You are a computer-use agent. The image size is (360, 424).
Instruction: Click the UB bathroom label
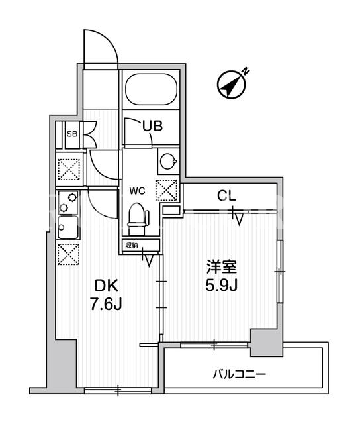coord(153,126)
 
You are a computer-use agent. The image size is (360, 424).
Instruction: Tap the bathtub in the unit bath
coord(152,89)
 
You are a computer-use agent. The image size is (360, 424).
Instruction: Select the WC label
coord(137,191)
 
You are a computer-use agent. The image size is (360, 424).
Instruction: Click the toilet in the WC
coord(138,219)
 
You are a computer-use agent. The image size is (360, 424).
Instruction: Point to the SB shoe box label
coord(72,134)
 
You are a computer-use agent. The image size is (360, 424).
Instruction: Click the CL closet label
coord(227,196)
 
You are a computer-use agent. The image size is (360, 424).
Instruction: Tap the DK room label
coord(106,286)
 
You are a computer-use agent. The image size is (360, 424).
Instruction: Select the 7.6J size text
coord(106,305)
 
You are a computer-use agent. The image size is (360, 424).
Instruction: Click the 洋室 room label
coord(222,267)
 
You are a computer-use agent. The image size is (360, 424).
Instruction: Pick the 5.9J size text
coord(222,286)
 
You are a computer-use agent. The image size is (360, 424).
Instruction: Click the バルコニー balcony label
coord(240,374)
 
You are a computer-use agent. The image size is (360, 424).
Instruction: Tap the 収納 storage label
coord(132,245)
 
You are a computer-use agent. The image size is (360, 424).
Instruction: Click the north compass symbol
coord(232,85)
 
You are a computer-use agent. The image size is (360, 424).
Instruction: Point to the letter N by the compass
coord(246,72)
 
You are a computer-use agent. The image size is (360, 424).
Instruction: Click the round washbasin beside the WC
coord(168,162)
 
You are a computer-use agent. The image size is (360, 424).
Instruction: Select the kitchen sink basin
coord(68,227)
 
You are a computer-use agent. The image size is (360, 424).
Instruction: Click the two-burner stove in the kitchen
coord(68,203)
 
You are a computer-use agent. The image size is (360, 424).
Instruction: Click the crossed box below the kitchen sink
coord(69,254)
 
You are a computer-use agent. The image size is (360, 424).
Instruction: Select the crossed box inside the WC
coord(166,190)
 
